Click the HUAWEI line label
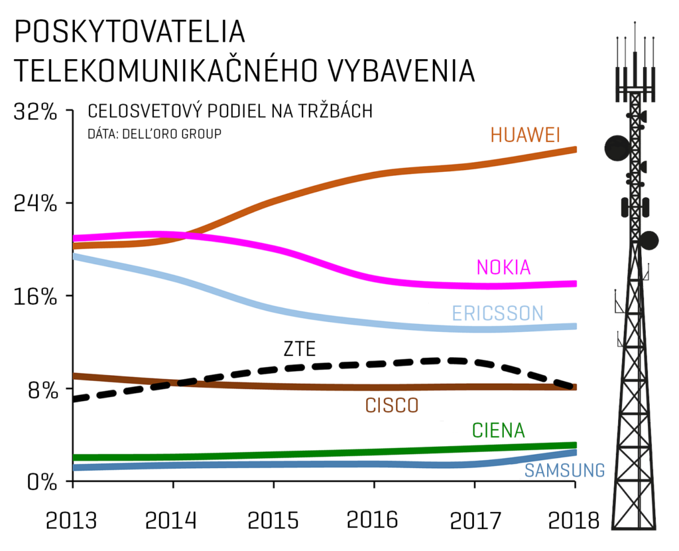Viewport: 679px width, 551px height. click(525, 135)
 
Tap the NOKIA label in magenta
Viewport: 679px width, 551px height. click(504, 267)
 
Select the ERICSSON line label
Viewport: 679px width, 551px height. click(497, 313)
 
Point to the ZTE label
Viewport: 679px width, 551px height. click(299, 348)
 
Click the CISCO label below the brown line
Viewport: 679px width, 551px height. click(392, 405)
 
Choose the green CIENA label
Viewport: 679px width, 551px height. click(498, 430)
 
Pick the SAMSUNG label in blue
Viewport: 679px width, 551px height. click(564, 471)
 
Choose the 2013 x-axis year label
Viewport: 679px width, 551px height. click(71, 520)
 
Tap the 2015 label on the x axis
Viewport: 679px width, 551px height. click(273, 520)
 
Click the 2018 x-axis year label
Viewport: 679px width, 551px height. click(574, 520)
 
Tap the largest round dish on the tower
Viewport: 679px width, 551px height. click(617, 148)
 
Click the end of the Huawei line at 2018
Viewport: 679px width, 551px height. click(574, 149)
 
